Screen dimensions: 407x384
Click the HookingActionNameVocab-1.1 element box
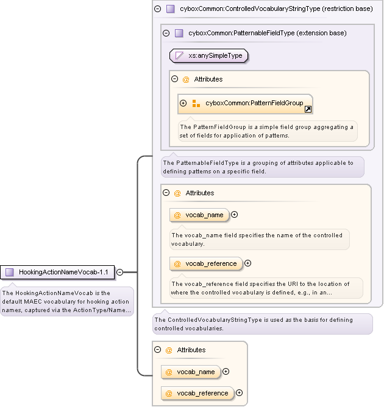58,272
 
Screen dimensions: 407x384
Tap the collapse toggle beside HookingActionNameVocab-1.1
120,272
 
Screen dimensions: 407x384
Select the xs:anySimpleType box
209,55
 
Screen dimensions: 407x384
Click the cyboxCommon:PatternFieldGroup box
246,103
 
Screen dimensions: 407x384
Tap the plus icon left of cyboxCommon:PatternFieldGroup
183,103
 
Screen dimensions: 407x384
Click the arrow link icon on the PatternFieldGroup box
308,110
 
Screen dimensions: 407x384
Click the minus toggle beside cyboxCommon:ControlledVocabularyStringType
157,9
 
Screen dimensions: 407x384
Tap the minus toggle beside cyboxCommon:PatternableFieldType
166,33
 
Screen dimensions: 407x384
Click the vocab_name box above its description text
199,215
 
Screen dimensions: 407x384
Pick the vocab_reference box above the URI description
206,263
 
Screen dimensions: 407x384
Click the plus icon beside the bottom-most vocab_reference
239,393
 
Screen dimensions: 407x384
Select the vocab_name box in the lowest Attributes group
191,372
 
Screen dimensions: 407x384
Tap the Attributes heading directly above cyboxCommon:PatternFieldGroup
208,79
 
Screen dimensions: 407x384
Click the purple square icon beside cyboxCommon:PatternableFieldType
179,33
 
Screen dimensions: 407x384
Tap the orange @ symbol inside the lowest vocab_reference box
169,393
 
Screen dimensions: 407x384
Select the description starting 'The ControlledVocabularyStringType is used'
262,324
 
